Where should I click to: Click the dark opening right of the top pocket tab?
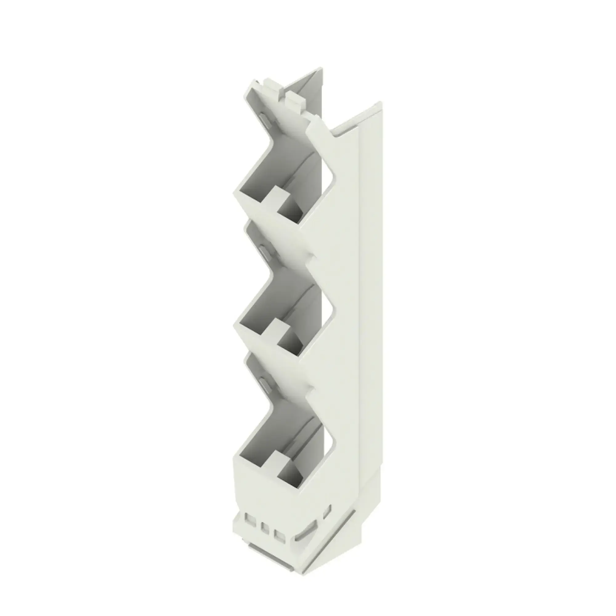tap(291, 209)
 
